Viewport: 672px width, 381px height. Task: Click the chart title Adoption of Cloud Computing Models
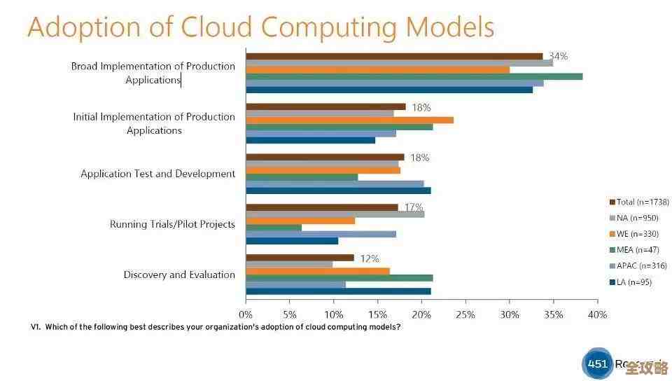[x=260, y=27]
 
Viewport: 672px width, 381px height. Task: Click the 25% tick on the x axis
[x=465, y=314]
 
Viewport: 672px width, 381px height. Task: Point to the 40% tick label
[x=597, y=314]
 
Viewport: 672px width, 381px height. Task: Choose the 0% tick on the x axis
[x=246, y=314]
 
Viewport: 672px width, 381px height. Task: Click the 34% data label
[x=558, y=56]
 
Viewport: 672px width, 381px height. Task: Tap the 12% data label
[x=370, y=258]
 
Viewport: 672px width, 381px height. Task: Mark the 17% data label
[x=414, y=207]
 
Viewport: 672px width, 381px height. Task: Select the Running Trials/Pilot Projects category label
[x=172, y=224]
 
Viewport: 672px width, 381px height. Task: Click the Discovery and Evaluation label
[x=179, y=275]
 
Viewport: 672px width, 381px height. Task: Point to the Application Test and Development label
[x=157, y=174]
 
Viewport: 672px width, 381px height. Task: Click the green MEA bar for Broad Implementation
[x=414, y=76]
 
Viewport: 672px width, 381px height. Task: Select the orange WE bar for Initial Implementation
[x=349, y=120]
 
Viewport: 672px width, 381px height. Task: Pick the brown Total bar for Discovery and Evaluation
[x=300, y=258]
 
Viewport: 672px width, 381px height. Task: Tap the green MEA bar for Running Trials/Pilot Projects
[x=274, y=228]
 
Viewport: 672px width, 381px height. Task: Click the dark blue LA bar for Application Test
[x=338, y=190]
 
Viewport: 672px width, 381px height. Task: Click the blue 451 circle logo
[x=597, y=364]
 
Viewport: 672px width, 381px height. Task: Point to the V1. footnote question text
[x=216, y=327]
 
